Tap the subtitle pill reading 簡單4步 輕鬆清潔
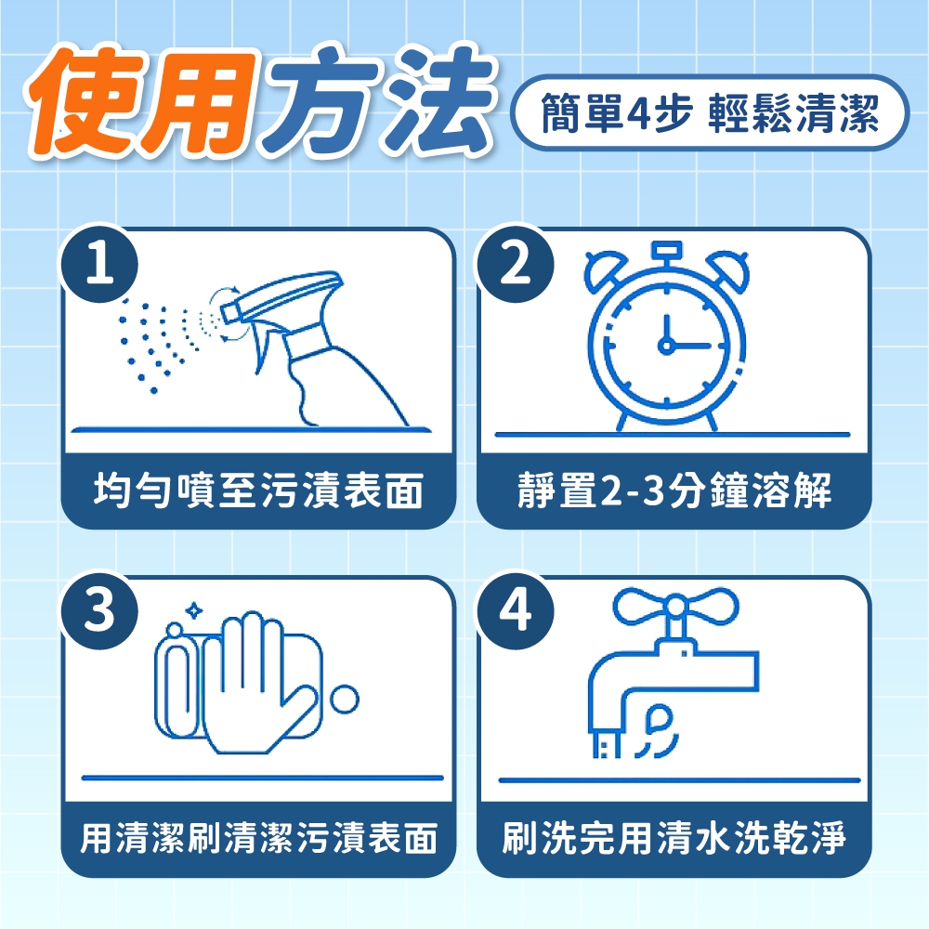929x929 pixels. point(709,112)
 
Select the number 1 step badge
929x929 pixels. point(99,264)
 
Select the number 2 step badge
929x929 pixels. point(516,264)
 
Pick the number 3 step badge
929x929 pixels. point(99,610)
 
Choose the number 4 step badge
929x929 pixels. point(516,610)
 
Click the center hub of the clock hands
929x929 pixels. point(666,346)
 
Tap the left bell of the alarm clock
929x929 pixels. point(605,268)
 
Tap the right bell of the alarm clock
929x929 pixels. point(728,268)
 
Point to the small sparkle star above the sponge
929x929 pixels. point(193,611)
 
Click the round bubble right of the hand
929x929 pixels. point(345,700)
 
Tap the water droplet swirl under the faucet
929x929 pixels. point(658,732)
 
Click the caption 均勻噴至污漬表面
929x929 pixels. point(258,491)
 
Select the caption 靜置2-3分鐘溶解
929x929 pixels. point(674,491)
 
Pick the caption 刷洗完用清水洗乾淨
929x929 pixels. point(674,838)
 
